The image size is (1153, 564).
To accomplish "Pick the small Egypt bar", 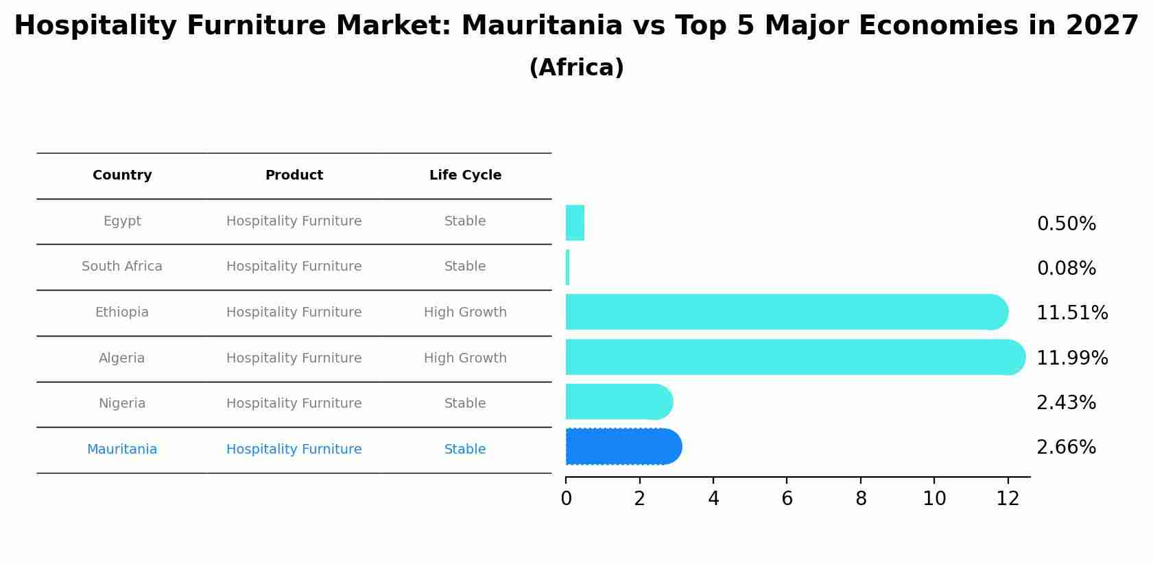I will click(x=575, y=223).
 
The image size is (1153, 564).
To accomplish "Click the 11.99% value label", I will click(x=1072, y=358).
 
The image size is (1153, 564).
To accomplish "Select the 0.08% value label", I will click(x=1066, y=268).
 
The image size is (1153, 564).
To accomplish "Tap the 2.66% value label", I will click(x=1066, y=447).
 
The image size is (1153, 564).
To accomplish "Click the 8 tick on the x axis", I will click(x=861, y=499).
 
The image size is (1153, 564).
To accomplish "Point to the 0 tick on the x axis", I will click(x=566, y=499).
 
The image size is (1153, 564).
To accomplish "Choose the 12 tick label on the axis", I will click(x=1008, y=499).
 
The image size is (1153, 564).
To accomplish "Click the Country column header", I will click(x=122, y=175).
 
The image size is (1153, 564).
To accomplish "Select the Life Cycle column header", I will click(x=465, y=175).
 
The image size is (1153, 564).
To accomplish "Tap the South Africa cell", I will click(x=122, y=267).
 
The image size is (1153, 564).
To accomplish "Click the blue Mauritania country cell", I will click(x=122, y=450).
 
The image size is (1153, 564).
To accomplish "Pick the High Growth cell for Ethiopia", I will click(x=465, y=312).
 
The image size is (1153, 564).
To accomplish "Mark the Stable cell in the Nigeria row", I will click(x=465, y=404).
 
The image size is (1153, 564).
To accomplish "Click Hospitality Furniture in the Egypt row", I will click(x=294, y=221).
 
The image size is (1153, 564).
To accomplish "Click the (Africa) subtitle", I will click(x=576, y=68).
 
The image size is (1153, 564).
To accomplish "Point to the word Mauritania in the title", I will click(x=541, y=26).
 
